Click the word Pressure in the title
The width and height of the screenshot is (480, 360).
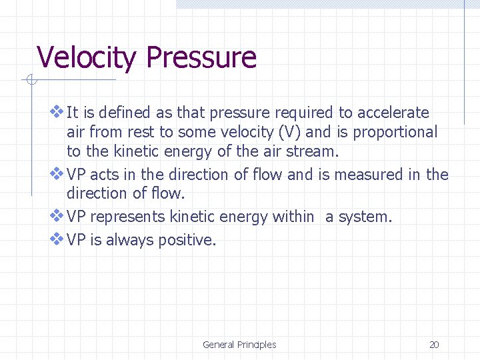201,57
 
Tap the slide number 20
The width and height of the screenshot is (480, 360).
434,345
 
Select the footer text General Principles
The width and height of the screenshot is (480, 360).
239,345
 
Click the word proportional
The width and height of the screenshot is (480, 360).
395,133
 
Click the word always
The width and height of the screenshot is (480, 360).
130,240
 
